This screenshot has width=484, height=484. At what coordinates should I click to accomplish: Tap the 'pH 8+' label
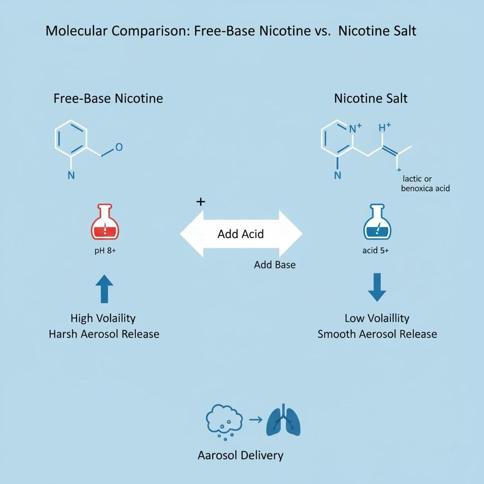105,251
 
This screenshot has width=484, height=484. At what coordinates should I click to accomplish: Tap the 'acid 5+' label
376,251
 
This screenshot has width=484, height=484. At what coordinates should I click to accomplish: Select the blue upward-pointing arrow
104,289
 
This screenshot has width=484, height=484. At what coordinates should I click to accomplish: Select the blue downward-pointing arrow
377,287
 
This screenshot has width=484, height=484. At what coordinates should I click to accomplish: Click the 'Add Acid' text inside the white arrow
241,234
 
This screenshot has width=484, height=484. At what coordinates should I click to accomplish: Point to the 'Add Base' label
275,265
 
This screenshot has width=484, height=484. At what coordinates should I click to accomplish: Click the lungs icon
284,420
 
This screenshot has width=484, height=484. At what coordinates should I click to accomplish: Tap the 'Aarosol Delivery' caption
241,456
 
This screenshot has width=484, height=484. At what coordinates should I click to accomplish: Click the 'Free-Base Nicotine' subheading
108,98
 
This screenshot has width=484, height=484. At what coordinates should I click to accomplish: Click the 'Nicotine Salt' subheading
371,98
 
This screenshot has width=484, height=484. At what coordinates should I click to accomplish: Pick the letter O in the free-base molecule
119,147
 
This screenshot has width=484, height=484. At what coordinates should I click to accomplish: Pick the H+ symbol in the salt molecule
385,128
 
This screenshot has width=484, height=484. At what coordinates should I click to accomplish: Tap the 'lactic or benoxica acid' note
425,183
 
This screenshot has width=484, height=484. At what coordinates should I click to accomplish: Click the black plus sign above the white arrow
200,202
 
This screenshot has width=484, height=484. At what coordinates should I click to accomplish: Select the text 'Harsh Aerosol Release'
104,334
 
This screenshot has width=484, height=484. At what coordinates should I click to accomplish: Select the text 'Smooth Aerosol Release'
377,334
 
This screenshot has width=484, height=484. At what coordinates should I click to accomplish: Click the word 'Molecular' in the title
75,31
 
